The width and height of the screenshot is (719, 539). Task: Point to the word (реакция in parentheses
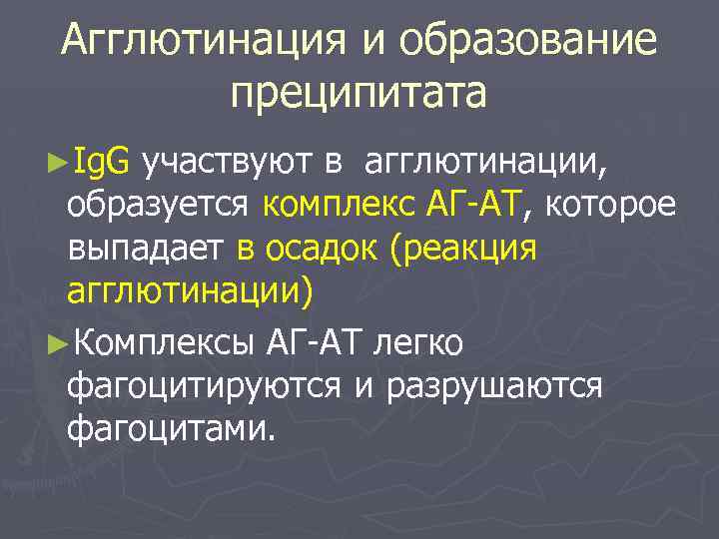click(465, 248)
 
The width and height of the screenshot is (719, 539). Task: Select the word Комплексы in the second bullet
click(165, 342)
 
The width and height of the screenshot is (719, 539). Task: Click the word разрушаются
click(488, 386)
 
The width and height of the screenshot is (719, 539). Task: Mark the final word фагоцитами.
click(168, 429)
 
